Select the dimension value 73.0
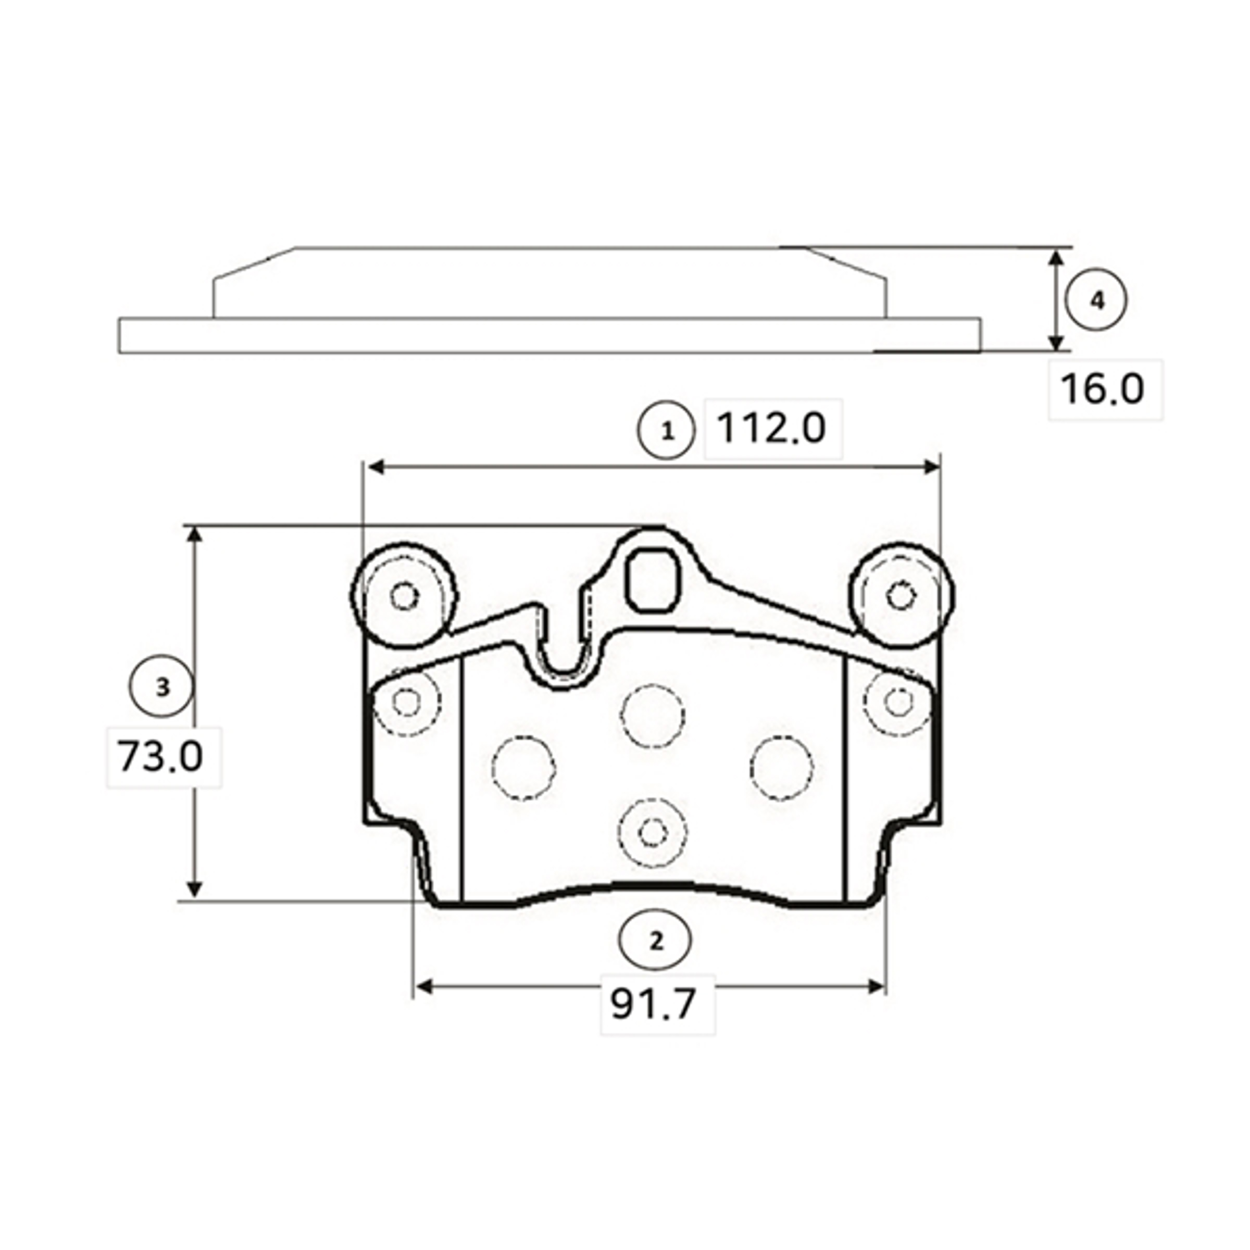(x=160, y=757)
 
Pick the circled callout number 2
(x=655, y=941)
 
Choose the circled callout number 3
(x=162, y=686)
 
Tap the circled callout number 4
(x=1096, y=301)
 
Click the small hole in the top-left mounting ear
(x=405, y=595)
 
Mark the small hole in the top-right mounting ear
(x=900, y=595)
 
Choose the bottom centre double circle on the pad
(x=652, y=832)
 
